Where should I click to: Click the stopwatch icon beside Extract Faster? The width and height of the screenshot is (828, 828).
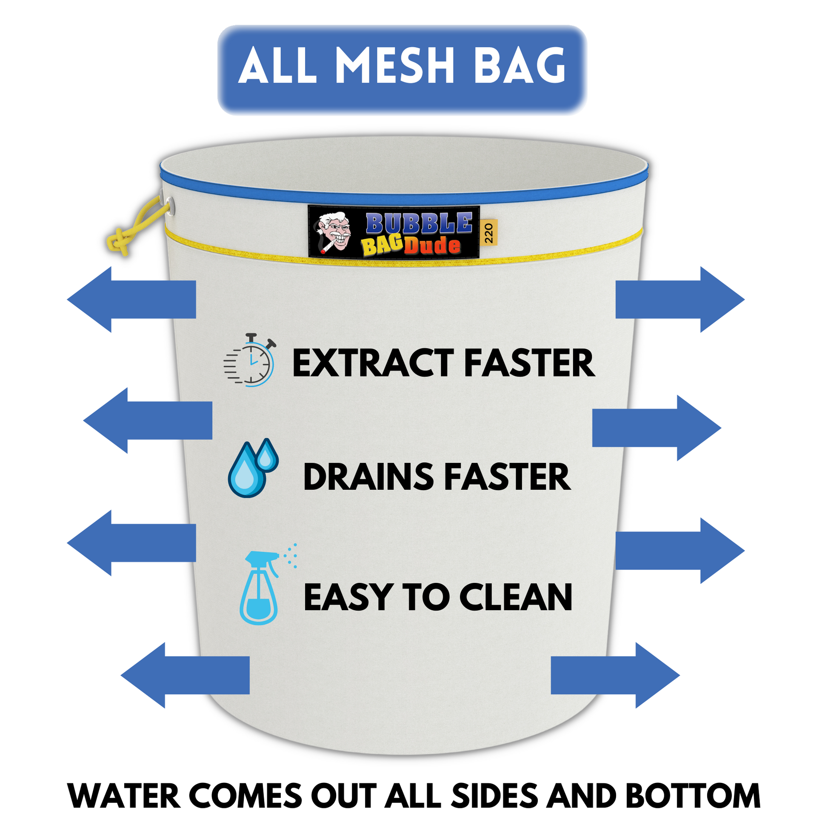coord(249,360)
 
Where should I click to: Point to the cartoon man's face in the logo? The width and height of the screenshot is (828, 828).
coord(335,232)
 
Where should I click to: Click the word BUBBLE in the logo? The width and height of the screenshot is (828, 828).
coord(419,223)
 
